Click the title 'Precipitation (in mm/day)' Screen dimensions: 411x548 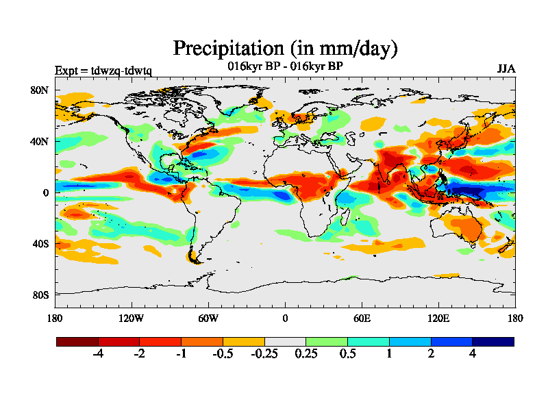(285, 49)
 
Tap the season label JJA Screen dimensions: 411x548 (506, 69)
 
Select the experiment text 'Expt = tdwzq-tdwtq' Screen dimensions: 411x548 (103, 71)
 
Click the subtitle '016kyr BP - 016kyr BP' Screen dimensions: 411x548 (285, 66)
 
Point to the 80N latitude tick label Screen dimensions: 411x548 (40, 90)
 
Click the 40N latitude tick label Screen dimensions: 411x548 (40, 141)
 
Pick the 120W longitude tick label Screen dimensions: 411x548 (131, 318)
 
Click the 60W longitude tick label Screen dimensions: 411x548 (208, 318)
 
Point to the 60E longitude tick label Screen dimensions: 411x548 (362, 318)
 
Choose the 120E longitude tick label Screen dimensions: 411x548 (438, 318)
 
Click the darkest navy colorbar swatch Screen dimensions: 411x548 (493, 341)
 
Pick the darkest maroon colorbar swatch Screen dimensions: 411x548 (77, 341)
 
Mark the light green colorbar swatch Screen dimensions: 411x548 (327, 341)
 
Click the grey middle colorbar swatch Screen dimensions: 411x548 (285, 341)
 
